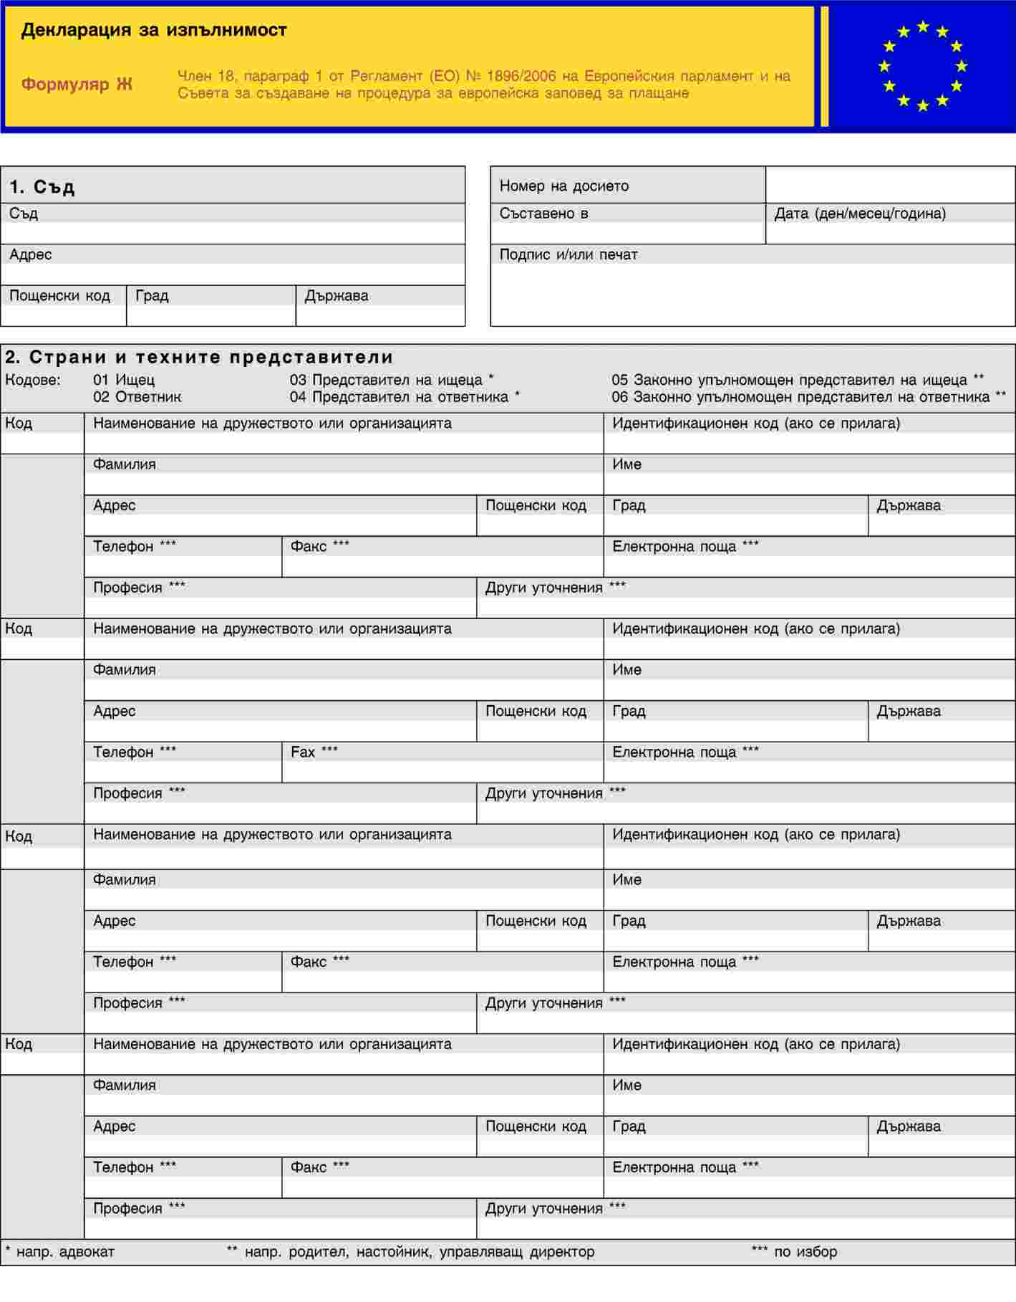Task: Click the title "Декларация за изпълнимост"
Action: tap(154, 30)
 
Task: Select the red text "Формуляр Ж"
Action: tap(77, 85)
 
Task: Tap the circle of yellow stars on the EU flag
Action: tap(922, 66)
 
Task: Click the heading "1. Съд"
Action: tap(42, 187)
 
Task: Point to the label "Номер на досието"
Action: tap(564, 186)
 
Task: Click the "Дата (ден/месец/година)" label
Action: tap(860, 214)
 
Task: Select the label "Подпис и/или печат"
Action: tap(569, 254)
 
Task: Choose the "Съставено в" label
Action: tap(544, 214)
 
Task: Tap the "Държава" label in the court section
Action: tap(337, 296)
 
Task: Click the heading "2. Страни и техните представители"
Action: tap(200, 357)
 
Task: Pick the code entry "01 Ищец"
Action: tap(124, 380)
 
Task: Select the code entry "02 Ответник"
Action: tap(137, 397)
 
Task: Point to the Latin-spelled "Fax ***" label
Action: tap(314, 752)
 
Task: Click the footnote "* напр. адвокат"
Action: tap(60, 1251)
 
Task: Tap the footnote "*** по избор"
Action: tap(794, 1251)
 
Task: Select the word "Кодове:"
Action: tap(33, 380)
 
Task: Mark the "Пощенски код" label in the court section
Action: tap(60, 296)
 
